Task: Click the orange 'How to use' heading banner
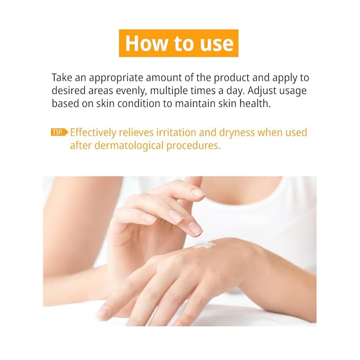tap(179, 43)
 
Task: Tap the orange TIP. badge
tap(59, 132)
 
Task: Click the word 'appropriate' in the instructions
tap(116, 78)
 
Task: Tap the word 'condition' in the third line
tap(139, 103)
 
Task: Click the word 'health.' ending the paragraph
tap(255, 103)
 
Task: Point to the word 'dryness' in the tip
tap(236, 133)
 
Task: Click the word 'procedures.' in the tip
tap(193, 146)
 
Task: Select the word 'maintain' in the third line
tap(195, 103)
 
